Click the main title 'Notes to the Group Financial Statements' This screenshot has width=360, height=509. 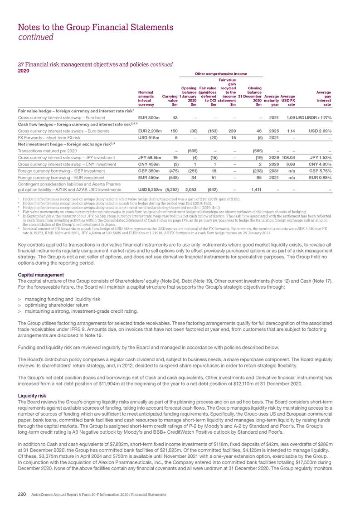[95, 28]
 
